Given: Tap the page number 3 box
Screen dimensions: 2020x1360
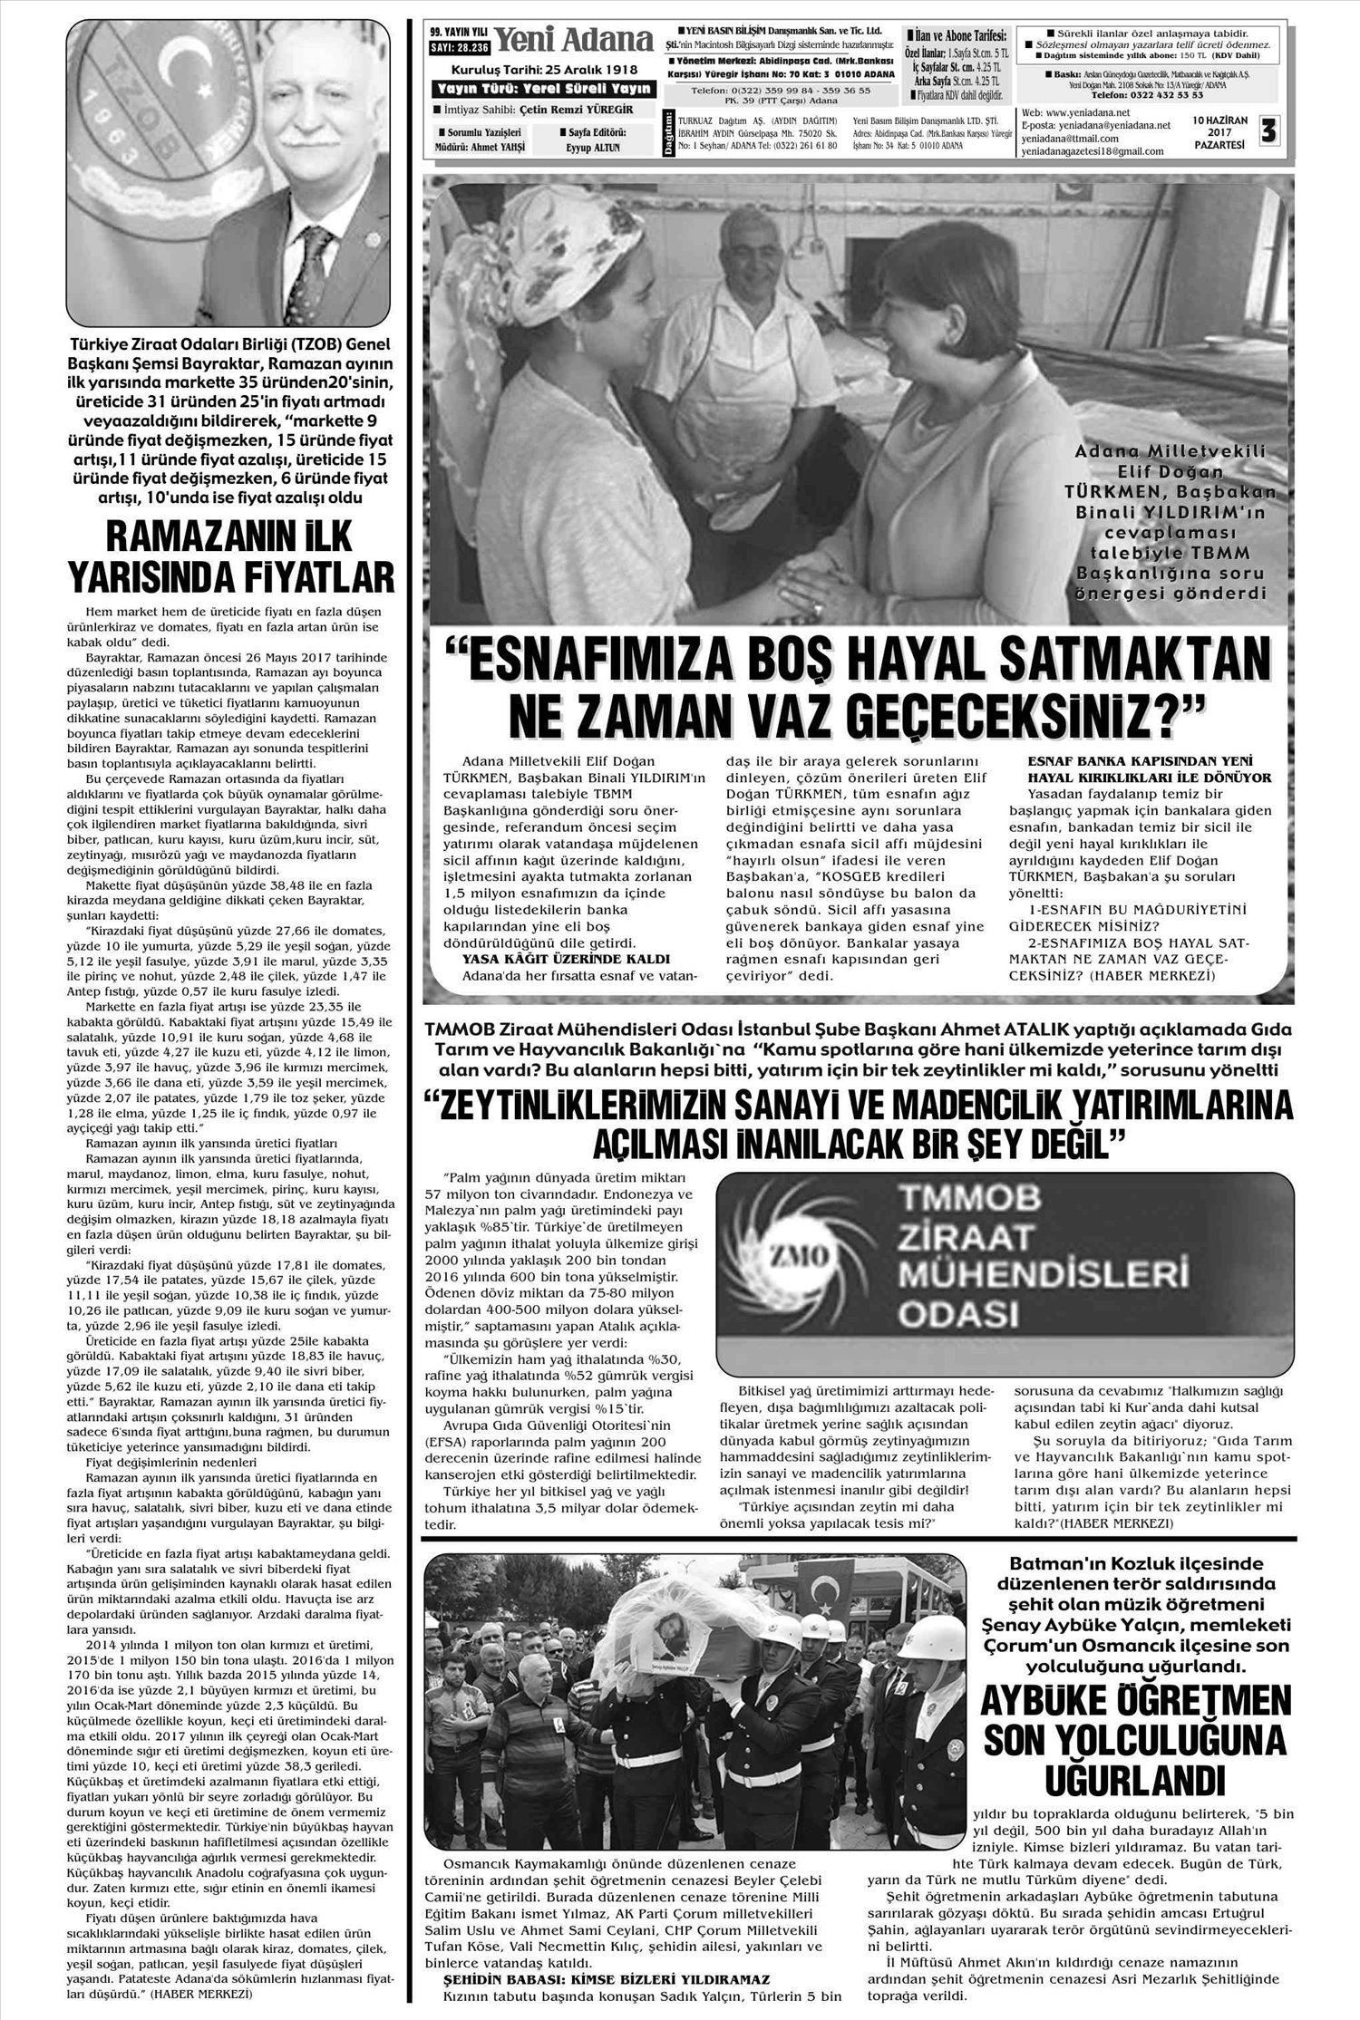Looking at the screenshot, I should click(x=1268, y=131).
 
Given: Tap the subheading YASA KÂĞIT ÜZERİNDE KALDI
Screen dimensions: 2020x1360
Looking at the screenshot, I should click(x=566, y=958).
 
